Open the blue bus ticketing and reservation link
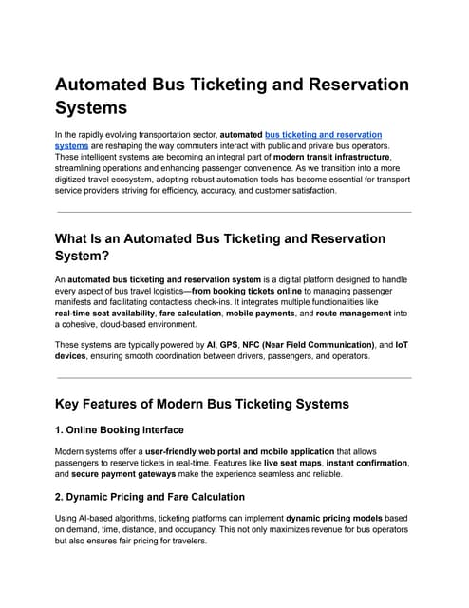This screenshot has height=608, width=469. coord(323,136)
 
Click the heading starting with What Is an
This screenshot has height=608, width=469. coord(219,237)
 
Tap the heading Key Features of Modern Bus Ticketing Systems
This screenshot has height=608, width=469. coord(201,404)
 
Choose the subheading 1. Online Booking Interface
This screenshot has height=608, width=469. coord(120,430)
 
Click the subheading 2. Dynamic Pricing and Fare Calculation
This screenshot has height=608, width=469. coord(149,496)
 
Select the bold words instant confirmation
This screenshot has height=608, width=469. coord(370,462)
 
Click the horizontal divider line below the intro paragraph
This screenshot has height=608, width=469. coord(234,212)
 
